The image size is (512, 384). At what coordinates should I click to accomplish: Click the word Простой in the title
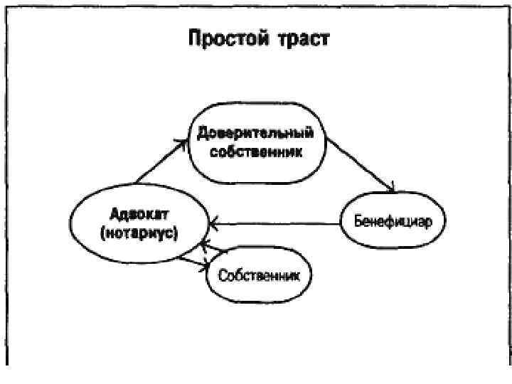[227, 38]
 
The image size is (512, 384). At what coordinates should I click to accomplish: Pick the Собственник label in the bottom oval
[260, 275]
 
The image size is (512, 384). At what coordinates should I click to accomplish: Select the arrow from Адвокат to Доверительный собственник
[161, 161]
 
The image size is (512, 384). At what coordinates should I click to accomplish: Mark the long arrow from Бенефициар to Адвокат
[277, 225]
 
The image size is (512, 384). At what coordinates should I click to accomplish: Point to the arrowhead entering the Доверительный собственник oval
[184, 142]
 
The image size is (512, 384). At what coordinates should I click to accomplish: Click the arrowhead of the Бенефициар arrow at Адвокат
[213, 225]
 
